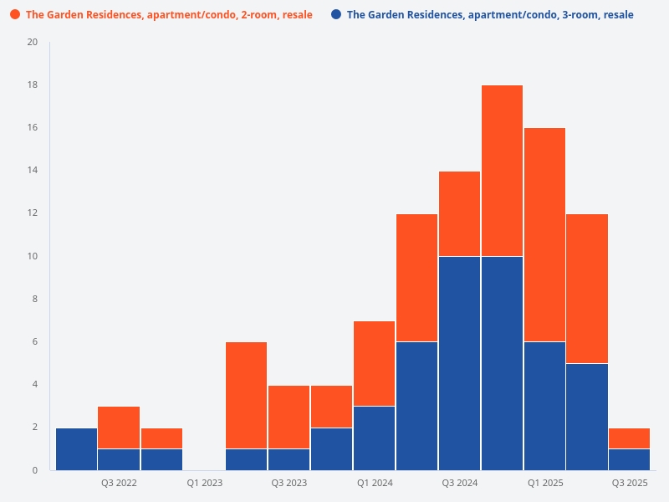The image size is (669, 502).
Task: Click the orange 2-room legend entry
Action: point(168,15)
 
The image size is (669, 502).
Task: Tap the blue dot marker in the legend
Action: point(336,15)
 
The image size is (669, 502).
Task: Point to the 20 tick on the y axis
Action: point(33,43)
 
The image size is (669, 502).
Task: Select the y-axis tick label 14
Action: point(33,171)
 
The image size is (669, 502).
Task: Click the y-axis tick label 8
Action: point(34,299)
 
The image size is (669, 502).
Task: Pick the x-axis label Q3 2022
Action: point(119,483)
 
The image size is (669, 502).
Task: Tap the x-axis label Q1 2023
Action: point(204,483)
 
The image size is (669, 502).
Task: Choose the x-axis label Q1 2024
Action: point(375,483)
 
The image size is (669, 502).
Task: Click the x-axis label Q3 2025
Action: point(630,483)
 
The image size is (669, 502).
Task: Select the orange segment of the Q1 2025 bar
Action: point(544,234)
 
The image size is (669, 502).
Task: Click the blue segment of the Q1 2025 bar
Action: point(544,406)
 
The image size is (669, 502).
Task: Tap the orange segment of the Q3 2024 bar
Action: point(459,213)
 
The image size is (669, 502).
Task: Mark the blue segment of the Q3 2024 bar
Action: point(459,363)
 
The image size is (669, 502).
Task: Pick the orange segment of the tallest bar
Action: point(502,171)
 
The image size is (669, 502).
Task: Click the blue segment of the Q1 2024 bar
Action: point(375,438)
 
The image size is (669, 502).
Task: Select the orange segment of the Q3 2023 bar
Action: point(289,417)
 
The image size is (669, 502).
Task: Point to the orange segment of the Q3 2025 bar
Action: point(630,438)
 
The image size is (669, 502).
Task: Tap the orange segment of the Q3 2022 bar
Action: point(119,428)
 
